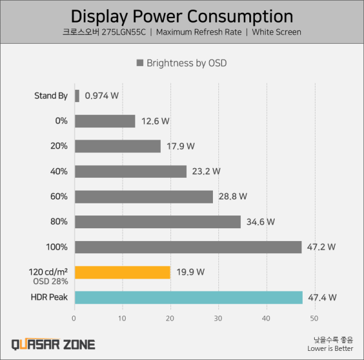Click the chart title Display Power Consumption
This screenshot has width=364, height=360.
pos(182,16)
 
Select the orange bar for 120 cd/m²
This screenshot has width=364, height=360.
pos(122,272)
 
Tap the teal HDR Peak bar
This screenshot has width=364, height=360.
pos(188,297)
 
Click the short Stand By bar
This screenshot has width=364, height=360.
pos(77,96)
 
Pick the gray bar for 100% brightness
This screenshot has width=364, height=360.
pos(187,247)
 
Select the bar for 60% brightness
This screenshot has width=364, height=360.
pos(144,197)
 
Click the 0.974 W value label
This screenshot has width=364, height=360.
pos(102,96)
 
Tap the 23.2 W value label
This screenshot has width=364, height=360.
pos(206,172)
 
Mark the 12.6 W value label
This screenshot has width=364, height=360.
pos(155,121)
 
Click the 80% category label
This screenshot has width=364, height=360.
pos(59,222)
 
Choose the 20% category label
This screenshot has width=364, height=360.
pos(59,146)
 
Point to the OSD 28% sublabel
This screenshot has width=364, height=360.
pos(50,281)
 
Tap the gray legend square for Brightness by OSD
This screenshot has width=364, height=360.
pos(141,63)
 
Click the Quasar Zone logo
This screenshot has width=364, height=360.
pos(53,344)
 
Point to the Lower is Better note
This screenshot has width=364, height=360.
pos(330,348)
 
